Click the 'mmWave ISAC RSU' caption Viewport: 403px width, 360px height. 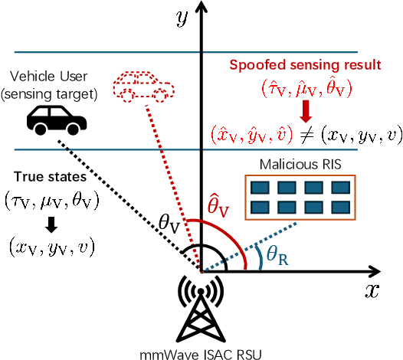(201, 352)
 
